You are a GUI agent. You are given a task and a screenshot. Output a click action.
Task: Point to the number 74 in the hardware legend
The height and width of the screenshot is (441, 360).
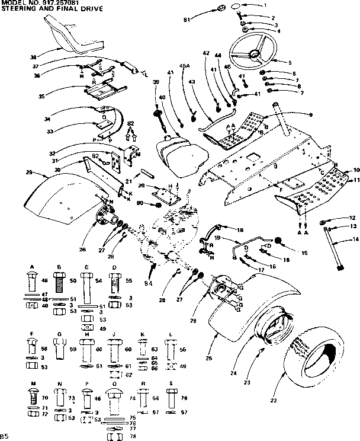(x=132, y=400)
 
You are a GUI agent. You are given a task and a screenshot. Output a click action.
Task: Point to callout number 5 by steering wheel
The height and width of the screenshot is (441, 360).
(x=290, y=62)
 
